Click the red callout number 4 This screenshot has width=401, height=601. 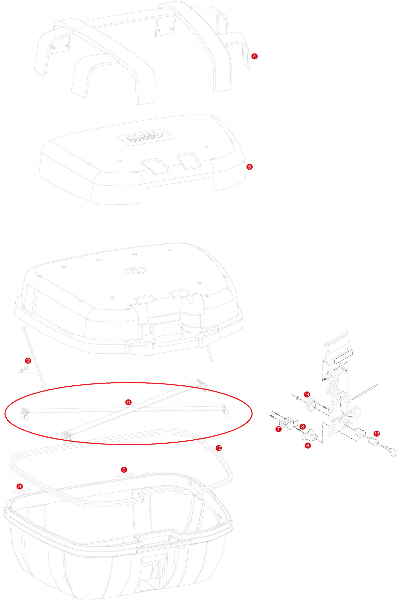coord(254,56)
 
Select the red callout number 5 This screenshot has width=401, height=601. coord(249,167)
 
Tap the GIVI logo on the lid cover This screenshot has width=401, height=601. coord(146,137)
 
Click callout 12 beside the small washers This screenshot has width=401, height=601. coord(28,361)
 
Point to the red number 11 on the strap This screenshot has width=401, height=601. coord(128,402)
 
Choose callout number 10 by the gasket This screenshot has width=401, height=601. coord(219,448)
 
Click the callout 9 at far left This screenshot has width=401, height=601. coord(20,486)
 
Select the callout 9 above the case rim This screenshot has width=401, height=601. coord(124,470)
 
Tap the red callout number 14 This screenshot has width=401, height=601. coord(307,395)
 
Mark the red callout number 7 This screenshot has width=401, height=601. coord(279,429)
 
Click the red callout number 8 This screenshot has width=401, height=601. coord(302,427)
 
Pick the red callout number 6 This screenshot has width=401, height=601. coord(308,445)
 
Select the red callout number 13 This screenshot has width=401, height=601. coord(377,434)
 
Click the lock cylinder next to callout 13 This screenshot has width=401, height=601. coord(373,443)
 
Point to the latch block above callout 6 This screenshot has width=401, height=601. coord(309,434)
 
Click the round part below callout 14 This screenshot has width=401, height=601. coord(311,404)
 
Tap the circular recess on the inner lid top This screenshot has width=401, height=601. coord(135,270)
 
